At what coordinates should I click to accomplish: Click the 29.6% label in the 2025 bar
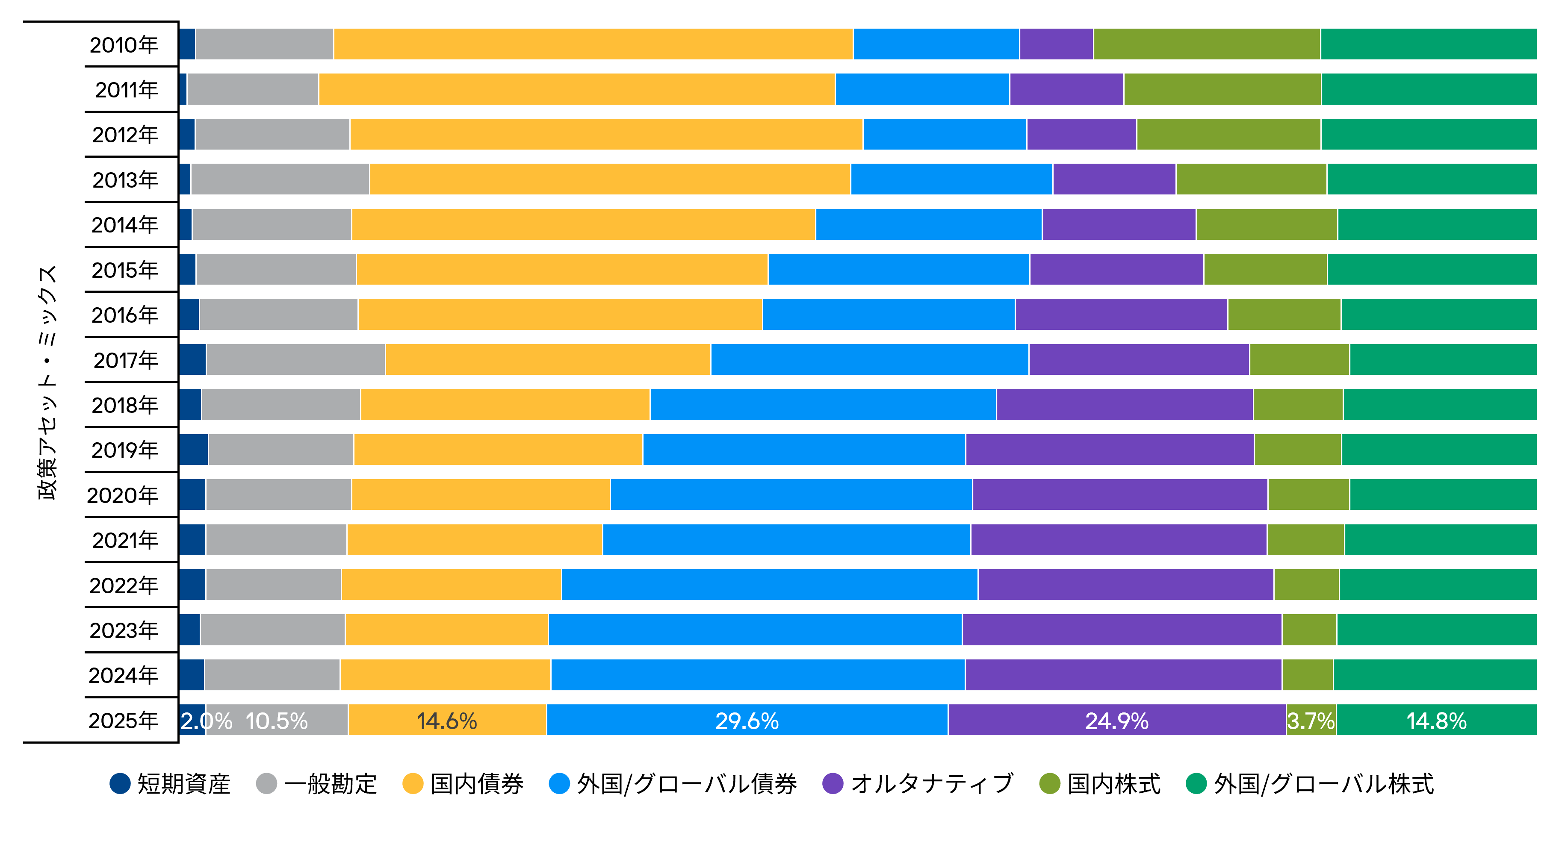[747, 721]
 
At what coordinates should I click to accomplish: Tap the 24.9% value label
[1116, 721]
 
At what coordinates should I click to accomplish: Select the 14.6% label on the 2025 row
[447, 721]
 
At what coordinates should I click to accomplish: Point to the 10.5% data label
[277, 721]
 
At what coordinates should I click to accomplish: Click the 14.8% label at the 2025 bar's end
[1436, 721]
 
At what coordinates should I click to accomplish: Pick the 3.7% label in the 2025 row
[1311, 721]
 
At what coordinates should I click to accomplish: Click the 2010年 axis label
[124, 45]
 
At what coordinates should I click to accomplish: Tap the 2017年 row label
[126, 360]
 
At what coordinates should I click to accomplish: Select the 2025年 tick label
[124, 721]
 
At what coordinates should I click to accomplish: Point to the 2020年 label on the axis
[123, 495]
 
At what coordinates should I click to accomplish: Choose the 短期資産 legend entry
[170, 784]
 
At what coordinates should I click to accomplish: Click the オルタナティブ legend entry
[918, 784]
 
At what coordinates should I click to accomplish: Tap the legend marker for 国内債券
[413, 784]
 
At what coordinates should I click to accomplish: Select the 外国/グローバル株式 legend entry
[1310, 784]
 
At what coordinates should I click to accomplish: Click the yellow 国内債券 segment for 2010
[593, 44]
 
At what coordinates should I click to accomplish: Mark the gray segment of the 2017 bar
[295, 359]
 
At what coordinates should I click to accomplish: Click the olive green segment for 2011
[1222, 89]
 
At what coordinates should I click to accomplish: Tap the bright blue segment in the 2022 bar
[769, 584]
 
